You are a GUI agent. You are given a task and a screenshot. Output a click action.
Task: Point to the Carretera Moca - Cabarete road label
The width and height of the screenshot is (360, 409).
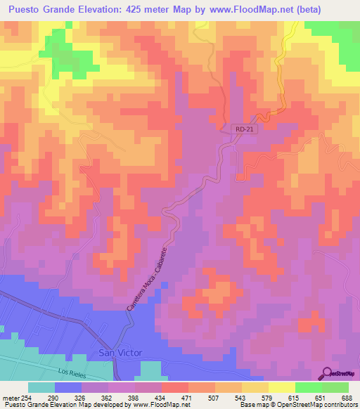pos(147,279)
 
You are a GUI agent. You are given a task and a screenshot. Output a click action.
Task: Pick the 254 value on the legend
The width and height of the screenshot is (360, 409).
pos(26,397)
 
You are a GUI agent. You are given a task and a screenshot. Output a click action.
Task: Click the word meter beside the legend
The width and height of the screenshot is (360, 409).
pos(9,397)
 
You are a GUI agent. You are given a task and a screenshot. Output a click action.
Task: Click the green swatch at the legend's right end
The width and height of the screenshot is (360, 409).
pos(335,387)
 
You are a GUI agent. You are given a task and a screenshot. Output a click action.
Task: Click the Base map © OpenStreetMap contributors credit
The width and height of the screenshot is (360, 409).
pos(297,405)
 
